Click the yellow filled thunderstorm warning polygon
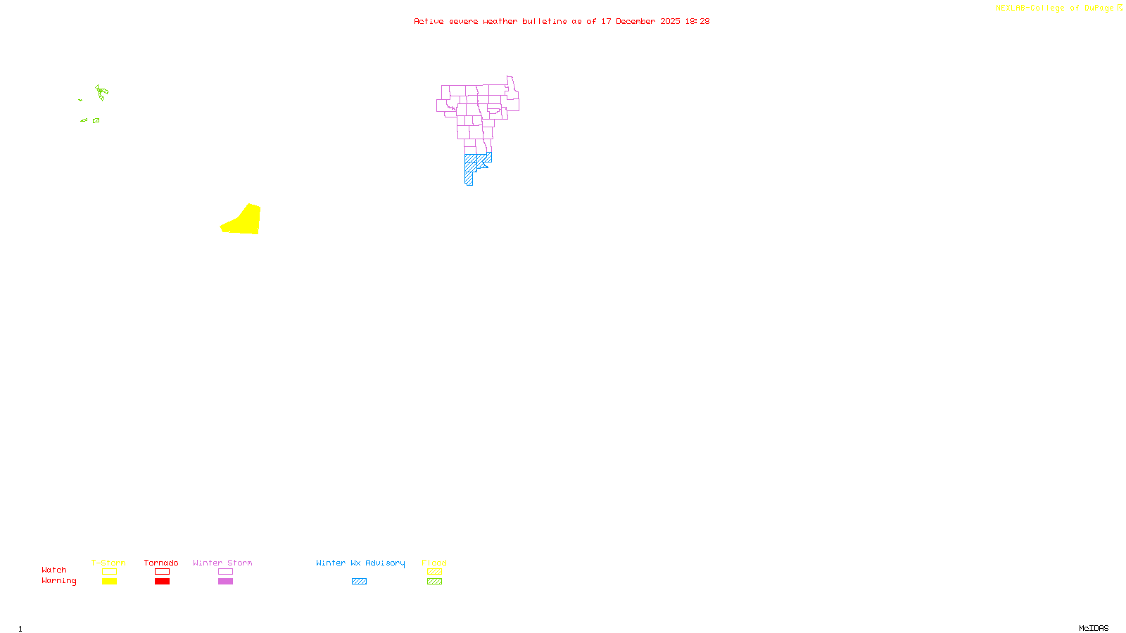244,221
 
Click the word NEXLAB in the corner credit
1010,8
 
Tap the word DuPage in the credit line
1099,8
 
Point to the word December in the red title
635,22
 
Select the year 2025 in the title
670,22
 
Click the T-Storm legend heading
108,563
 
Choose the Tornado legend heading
161,563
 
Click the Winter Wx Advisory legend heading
360,563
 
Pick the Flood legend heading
434,563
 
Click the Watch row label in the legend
54,570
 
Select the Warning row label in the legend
58,581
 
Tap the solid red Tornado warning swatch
162,582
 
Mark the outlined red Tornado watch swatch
162,572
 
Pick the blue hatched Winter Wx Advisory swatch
359,582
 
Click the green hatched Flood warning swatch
434,582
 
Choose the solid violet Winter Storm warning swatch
225,582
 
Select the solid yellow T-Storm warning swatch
109,582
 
